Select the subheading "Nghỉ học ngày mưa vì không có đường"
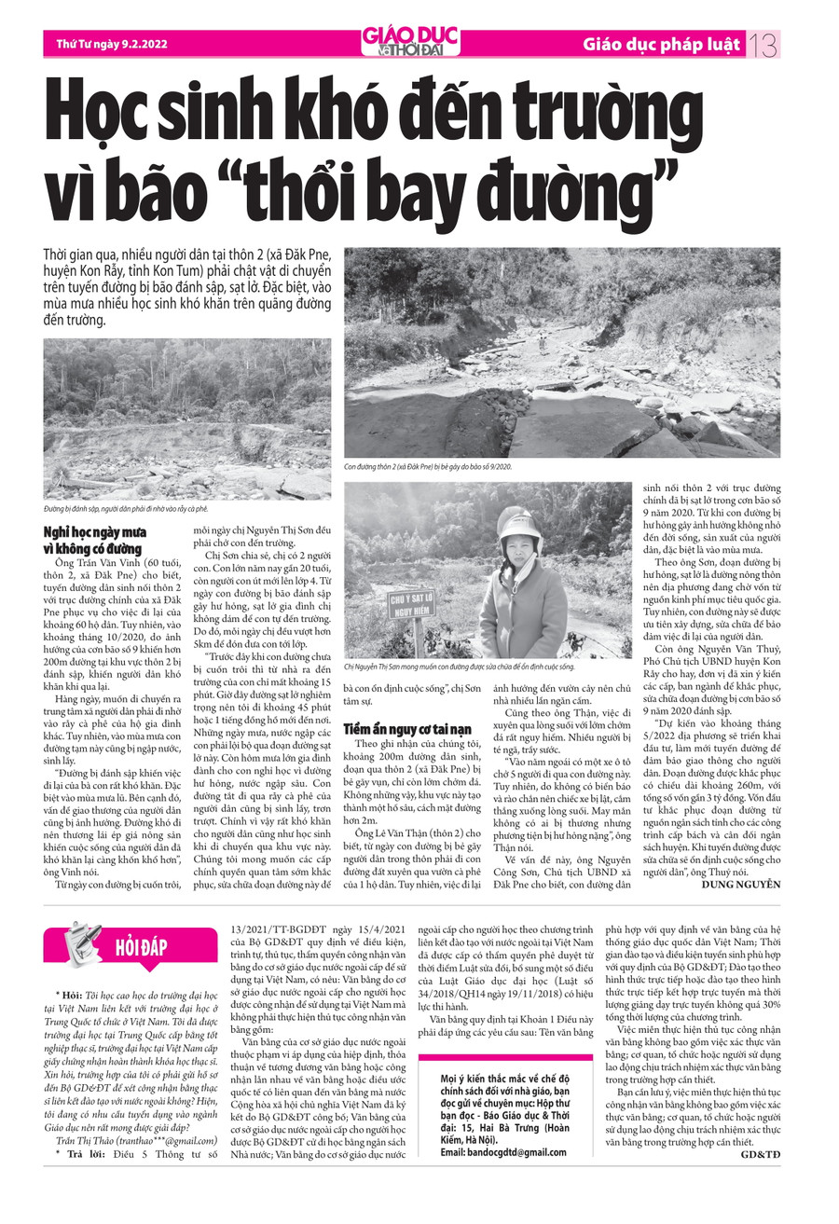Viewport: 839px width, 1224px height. [x=92, y=541]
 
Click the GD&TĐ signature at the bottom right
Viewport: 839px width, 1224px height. [x=761, y=1155]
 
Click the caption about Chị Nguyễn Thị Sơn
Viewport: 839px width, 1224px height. [x=460, y=667]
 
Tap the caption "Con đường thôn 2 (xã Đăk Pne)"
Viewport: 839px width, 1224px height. [x=428, y=466]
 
